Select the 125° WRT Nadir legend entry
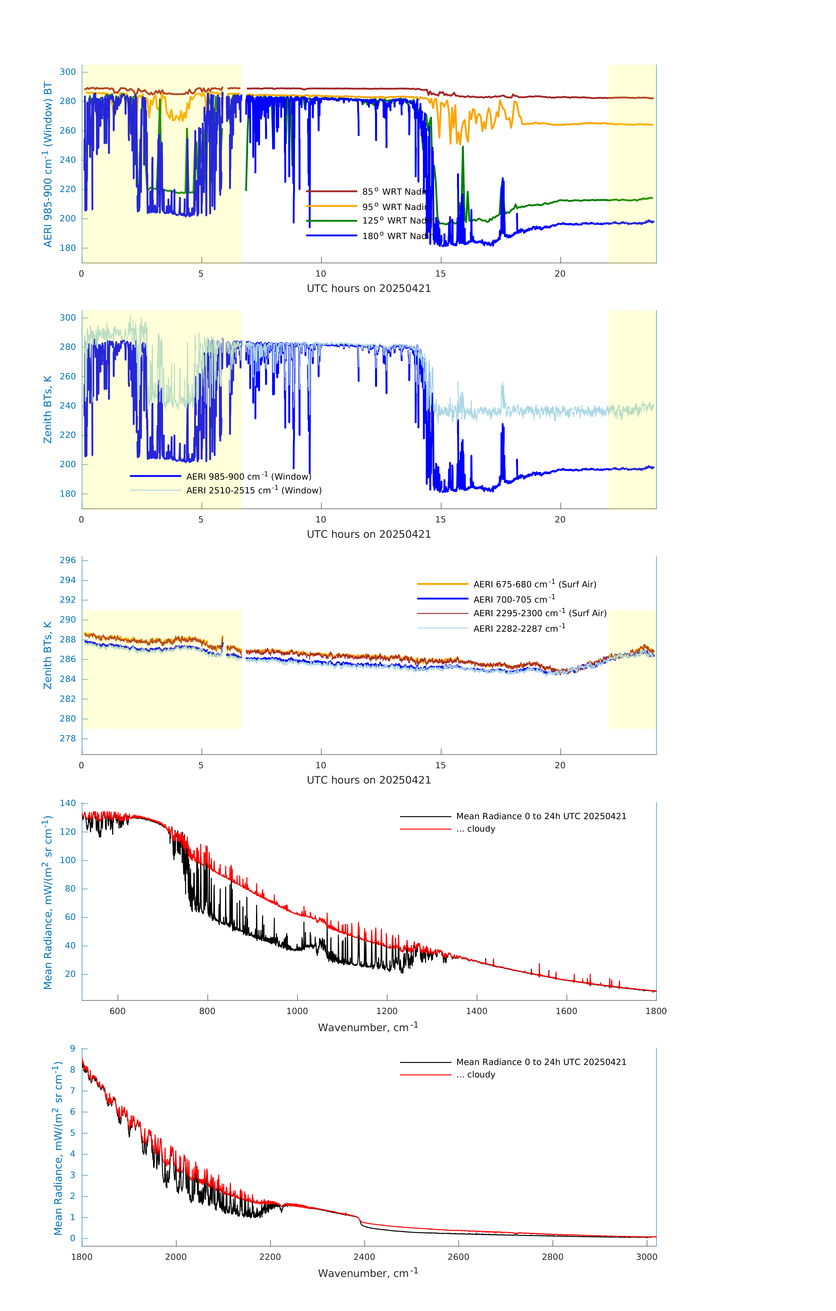point(396,220)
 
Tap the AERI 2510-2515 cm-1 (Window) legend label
point(254,490)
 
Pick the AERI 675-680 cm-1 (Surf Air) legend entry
point(534,584)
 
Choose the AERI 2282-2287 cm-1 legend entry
point(519,628)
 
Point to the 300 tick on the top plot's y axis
point(68,72)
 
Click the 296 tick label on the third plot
point(68,560)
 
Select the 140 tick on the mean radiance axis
point(68,803)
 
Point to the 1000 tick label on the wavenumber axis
point(297,1011)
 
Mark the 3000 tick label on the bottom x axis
point(647,1257)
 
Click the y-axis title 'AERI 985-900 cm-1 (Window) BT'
point(48,164)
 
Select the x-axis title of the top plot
point(369,289)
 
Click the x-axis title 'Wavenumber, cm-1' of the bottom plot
point(368,1273)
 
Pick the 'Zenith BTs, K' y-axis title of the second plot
point(48,409)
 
